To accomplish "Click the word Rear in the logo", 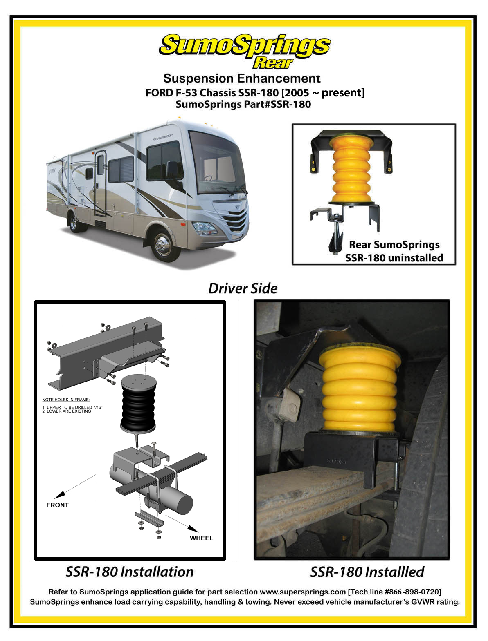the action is point(272,63).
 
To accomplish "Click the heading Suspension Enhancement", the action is point(242,78).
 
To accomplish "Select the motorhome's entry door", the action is point(100,183).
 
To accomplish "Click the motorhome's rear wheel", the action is point(74,223).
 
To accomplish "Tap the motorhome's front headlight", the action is point(204,228).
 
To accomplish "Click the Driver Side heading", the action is point(243,288).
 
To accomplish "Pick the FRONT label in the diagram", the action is point(57,505).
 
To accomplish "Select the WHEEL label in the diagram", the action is point(201,538).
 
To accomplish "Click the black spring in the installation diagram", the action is point(138,404).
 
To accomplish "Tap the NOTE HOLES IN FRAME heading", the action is point(66,400).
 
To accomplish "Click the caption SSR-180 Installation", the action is point(130,572).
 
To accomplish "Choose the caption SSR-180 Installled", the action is point(367,572).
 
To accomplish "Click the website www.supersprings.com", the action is point(303,592).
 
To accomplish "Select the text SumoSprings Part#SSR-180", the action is point(243,104).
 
